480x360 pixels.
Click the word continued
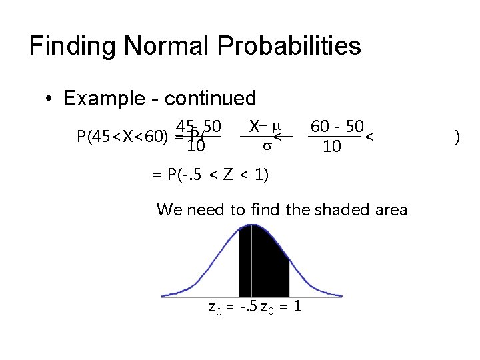pyautogui.click(x=210, y=99)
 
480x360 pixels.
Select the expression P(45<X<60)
pyautogui.click(x=122, y=137)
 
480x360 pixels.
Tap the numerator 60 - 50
pyautogui.click(x=337, y=126)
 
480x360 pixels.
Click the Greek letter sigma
pyautogui.click(x=265, y=146)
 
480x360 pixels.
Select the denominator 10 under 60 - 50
pyautogui.click(x=332, y=146)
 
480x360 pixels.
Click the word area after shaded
pyautogui.click(x=391, y=209)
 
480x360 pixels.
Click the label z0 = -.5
pyautogui.click(x=233, y=308)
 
